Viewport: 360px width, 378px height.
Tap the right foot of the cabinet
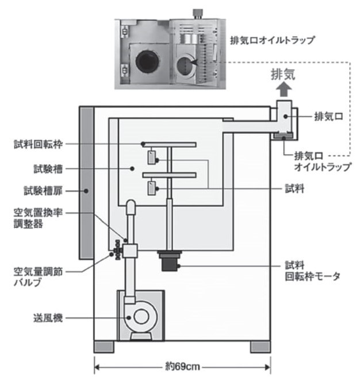tap(261, 347)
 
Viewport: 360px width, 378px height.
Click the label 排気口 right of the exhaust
tap(330, 115)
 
